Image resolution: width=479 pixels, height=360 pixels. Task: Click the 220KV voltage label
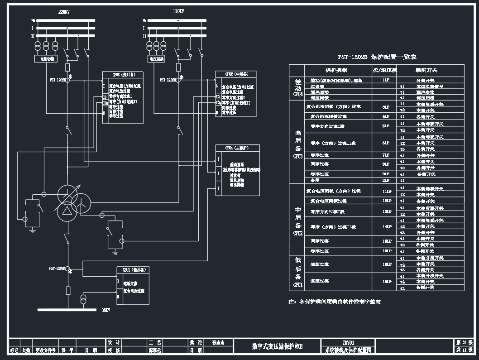coord(64,12)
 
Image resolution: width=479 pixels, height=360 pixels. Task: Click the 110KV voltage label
coord(178,12)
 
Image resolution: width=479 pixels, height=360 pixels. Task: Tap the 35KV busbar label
coord(106,310)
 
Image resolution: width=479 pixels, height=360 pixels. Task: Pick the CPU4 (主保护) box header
coord(237,148)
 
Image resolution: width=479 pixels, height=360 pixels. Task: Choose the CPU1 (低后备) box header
coord(133,270)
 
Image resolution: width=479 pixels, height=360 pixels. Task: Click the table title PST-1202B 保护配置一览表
coord(377,57)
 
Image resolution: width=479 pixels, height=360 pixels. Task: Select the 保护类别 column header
coord(336,71)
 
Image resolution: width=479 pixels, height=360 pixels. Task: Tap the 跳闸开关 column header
coord(427,71)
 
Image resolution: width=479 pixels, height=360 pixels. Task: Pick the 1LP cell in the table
coord(386,80)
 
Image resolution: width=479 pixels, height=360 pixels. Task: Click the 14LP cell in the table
coord(386,226)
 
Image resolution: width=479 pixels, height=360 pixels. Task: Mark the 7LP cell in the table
coord(386,155)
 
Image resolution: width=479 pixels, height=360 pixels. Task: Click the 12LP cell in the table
coord(386,201)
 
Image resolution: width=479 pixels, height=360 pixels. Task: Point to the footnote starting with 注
coord(335,301)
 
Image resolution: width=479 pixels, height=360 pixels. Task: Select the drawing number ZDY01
coord(348,343)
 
